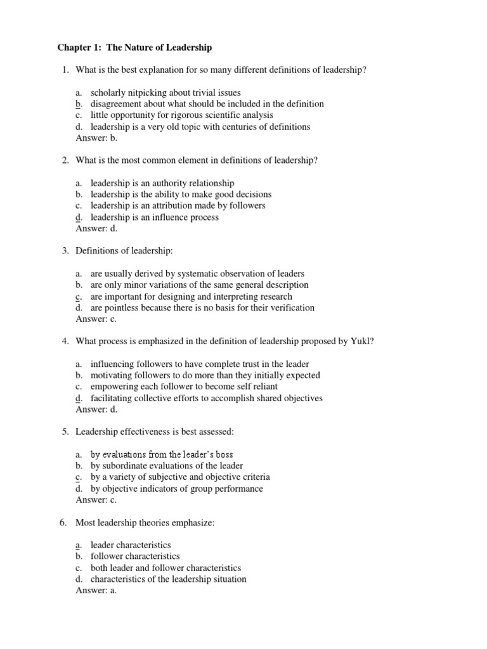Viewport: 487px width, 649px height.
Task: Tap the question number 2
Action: [65, 160]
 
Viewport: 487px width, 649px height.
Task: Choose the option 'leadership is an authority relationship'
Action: [162, 183]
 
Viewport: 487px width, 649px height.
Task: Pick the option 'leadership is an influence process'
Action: [155, 217]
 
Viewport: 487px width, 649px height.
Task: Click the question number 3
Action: [65, 251]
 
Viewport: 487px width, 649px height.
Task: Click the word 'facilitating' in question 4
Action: [112, 398]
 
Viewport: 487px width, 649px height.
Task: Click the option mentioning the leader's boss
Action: [157, 454]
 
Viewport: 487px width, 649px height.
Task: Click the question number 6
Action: [65, 523]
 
